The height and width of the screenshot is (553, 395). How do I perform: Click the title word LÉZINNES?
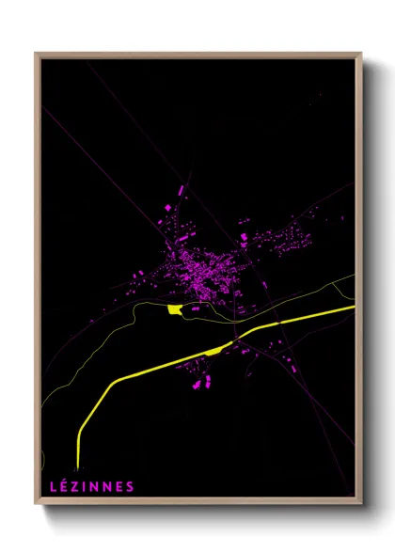(x=91, y=486)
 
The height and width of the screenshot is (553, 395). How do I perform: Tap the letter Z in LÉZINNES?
(x=73, y=486)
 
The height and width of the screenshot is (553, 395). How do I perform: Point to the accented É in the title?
(x=62, y=486)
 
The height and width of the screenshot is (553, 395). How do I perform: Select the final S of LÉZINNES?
(x=130, y=486)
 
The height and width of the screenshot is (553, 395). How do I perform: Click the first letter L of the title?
(x=52, y=486)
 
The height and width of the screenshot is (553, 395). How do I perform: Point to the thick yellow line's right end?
(x=354, y=307)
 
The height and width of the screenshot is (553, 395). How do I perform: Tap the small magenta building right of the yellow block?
(x=196, y=308)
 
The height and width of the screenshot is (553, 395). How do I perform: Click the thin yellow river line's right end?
(x=354, y=276)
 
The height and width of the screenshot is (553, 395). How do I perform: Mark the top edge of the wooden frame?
(x=197, y=54)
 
